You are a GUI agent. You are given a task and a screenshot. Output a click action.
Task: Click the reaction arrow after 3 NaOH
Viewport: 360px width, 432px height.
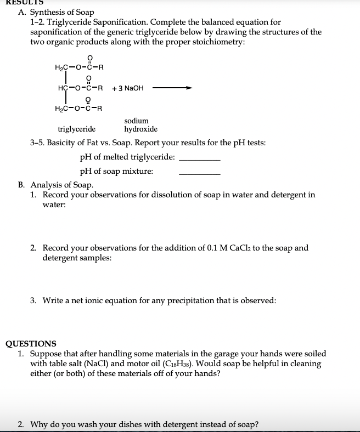172,88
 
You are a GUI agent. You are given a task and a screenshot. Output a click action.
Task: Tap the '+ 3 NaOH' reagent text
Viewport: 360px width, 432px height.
127,88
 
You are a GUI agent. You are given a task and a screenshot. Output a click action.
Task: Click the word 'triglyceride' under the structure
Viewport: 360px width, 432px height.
77,129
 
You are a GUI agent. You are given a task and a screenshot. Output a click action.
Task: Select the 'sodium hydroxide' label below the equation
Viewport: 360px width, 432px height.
140,125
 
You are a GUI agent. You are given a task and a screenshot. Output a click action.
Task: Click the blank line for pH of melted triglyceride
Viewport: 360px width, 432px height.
200,158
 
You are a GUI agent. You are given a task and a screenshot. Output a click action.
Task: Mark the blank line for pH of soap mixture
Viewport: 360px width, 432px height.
200,173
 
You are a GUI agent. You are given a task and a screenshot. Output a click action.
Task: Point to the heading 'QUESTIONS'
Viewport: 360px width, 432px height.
31,344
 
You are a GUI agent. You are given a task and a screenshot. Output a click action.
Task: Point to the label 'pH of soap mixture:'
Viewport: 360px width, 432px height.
116,171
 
